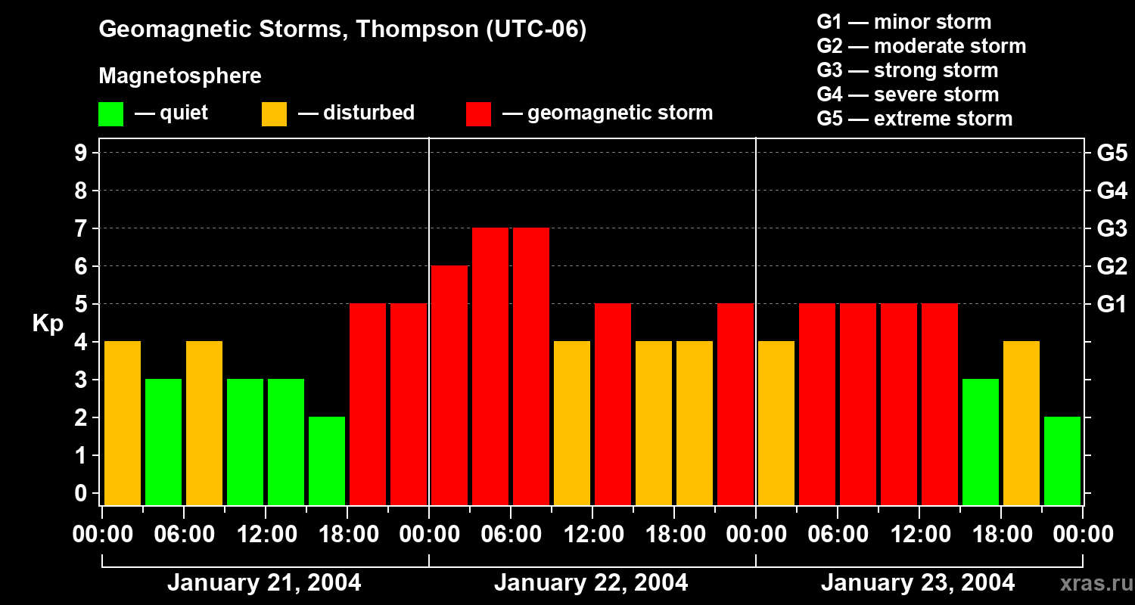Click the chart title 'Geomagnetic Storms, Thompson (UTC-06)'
click(342, 29)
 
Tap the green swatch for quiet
click(110, 113)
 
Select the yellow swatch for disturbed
click(274, 113)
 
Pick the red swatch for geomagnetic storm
click(478, 113)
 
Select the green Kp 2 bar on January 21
click(327, 461)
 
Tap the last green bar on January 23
click(1062, 461)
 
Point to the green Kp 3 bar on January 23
click(981, 442)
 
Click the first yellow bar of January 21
click(123, 423)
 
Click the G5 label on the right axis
click(1112, 154)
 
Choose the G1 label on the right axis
click(1112, 305)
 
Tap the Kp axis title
click(48, 323)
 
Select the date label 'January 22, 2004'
click(591, 583)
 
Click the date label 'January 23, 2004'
click(918, 583)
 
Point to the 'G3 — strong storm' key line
click(907, 70)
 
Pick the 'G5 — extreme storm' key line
click(914, 119)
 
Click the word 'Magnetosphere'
click(180, 76)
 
